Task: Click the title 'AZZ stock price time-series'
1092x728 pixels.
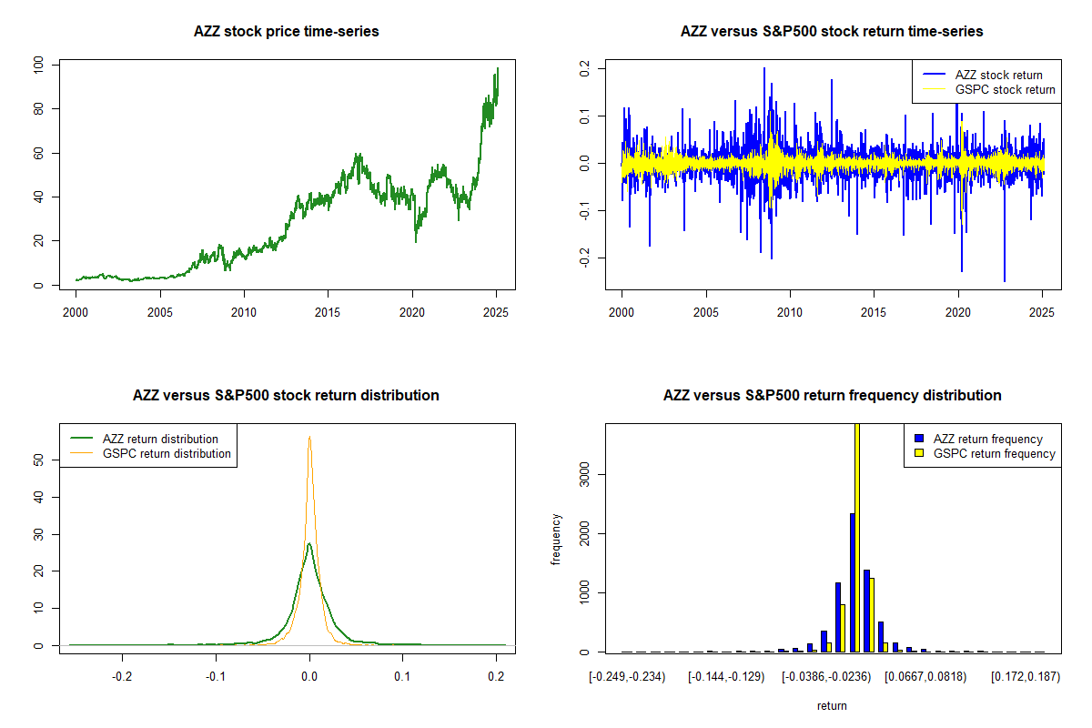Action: click(286, 32)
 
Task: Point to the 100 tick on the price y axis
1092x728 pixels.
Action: click(37, 66)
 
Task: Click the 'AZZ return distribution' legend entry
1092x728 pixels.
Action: click(160, 439)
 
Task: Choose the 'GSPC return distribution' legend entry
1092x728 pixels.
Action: click(167, 453)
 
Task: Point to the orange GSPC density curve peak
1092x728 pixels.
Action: click(309, 437)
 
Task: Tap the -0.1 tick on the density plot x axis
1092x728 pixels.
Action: click(216, 676)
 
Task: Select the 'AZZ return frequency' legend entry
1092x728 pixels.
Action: click(987, 439)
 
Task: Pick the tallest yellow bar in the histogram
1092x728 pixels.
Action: click(857, 537)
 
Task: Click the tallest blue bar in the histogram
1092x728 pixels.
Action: click(852, 582)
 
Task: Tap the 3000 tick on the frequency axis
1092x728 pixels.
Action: click(583, 473)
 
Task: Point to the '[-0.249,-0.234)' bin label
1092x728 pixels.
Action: click(628, 676)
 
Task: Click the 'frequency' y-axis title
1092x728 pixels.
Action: click(556, 540)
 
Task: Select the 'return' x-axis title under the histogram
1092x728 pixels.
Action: click(832, 705)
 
